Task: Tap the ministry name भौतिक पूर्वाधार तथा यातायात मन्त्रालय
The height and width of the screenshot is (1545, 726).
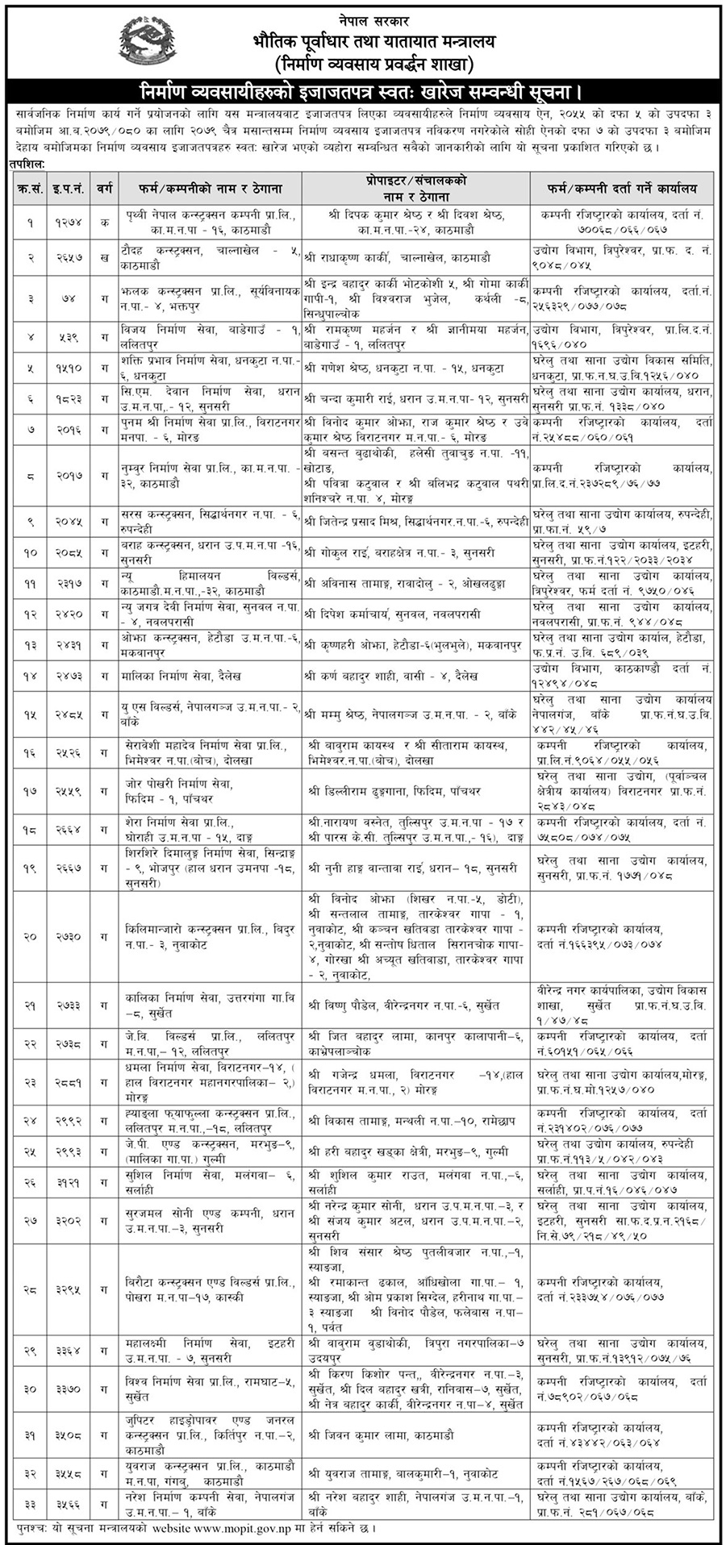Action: point(365,38)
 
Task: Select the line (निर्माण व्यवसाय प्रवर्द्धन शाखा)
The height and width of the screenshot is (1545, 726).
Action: point(365,64)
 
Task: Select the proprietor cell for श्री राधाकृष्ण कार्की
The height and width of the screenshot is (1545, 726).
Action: point(415,258)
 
